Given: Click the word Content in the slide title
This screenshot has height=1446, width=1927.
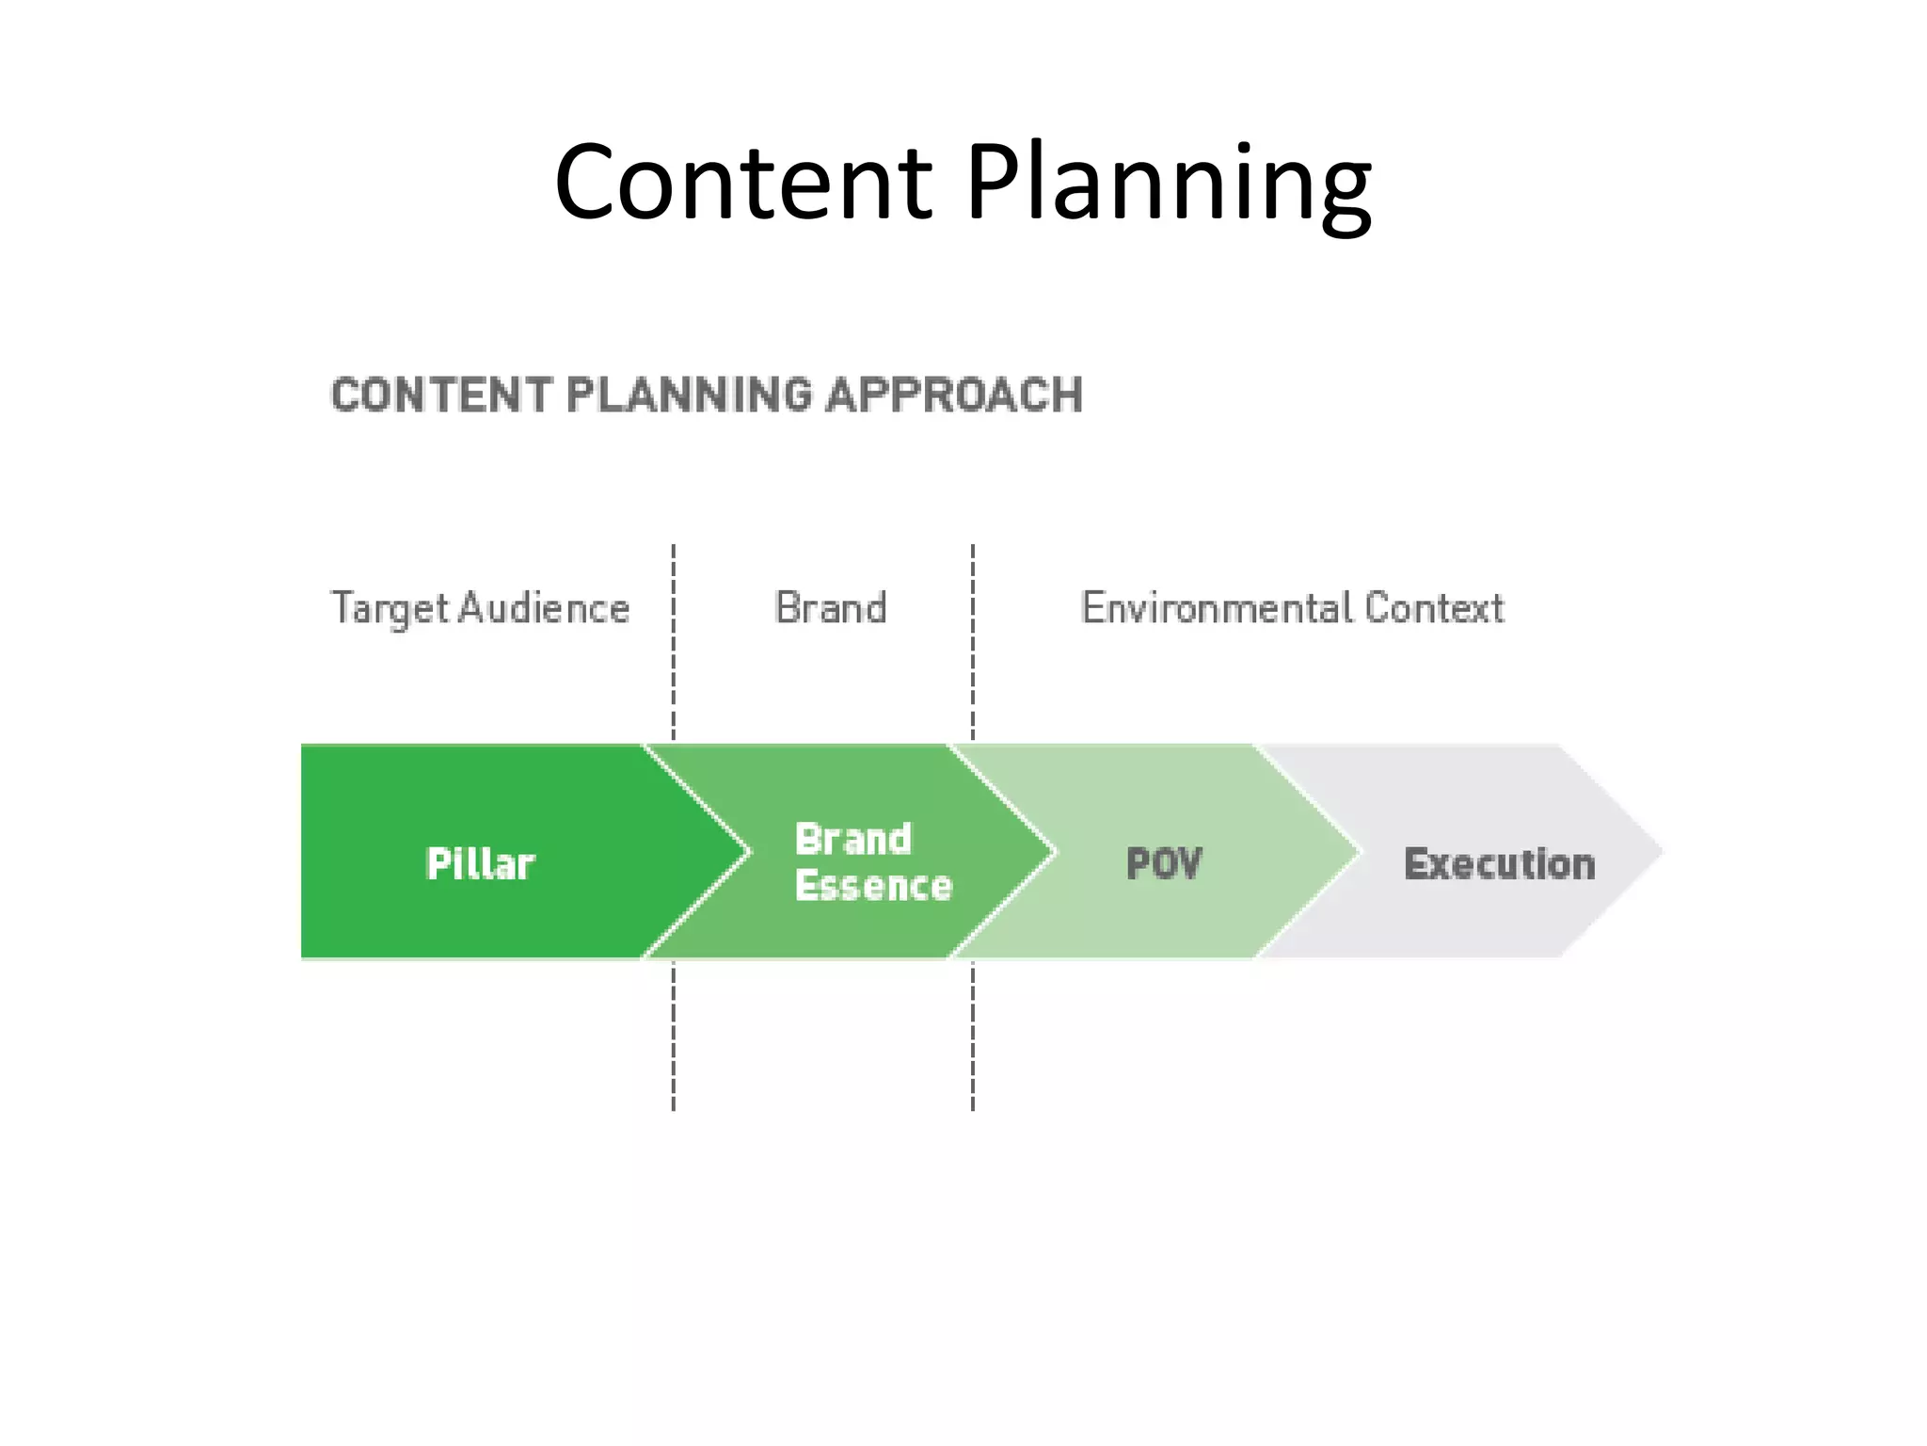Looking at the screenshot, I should point(743,181).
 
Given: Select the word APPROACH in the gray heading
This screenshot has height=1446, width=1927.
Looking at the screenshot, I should point(954,394).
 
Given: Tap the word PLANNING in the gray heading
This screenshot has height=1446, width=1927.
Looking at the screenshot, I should point(689,394).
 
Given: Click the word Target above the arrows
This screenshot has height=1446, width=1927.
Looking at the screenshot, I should point(390,609).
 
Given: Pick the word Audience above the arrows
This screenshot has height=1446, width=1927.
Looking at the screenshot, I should point(544,608).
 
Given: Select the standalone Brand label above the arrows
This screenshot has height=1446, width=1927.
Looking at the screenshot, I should point(830,608).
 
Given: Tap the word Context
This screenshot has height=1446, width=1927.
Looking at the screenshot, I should point(1434,608).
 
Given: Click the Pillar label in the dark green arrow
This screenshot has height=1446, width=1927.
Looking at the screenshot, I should point(480,863).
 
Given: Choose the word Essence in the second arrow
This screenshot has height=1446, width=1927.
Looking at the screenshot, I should point(873,886).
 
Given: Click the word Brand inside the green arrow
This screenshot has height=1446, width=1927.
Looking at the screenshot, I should point(853,839).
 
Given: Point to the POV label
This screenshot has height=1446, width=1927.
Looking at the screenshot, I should point(1164,863).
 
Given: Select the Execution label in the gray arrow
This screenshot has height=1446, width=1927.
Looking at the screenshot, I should point(1499,863).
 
